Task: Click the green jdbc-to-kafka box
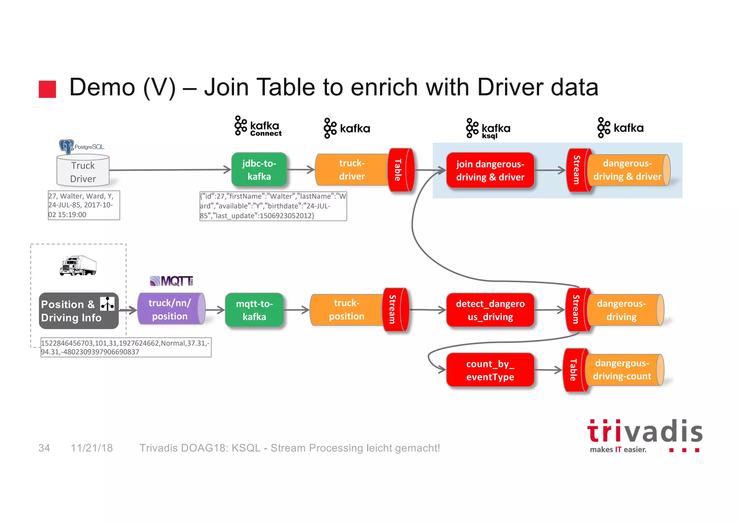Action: click(259, 170)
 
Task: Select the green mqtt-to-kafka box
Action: click(254, 310)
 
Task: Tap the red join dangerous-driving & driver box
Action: click(490, 170)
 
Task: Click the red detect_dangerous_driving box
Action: click(490, 310)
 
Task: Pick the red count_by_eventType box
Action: click(490, 370)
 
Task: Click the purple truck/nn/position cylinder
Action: click(170, 309)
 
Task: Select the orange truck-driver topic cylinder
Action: click(351, 170)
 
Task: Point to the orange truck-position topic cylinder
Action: click(346, 309)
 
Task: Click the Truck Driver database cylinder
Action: click(83, 171)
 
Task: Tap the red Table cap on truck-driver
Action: click(400, 170)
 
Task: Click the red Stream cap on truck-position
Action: click(395, 309)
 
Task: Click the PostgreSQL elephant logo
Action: click(67, 146)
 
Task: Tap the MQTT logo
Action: click(172, 280)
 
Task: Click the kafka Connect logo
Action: click(258, 126)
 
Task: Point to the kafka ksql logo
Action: click(488, 129)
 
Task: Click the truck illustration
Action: click(78, 266)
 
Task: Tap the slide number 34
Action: click(44, 448)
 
